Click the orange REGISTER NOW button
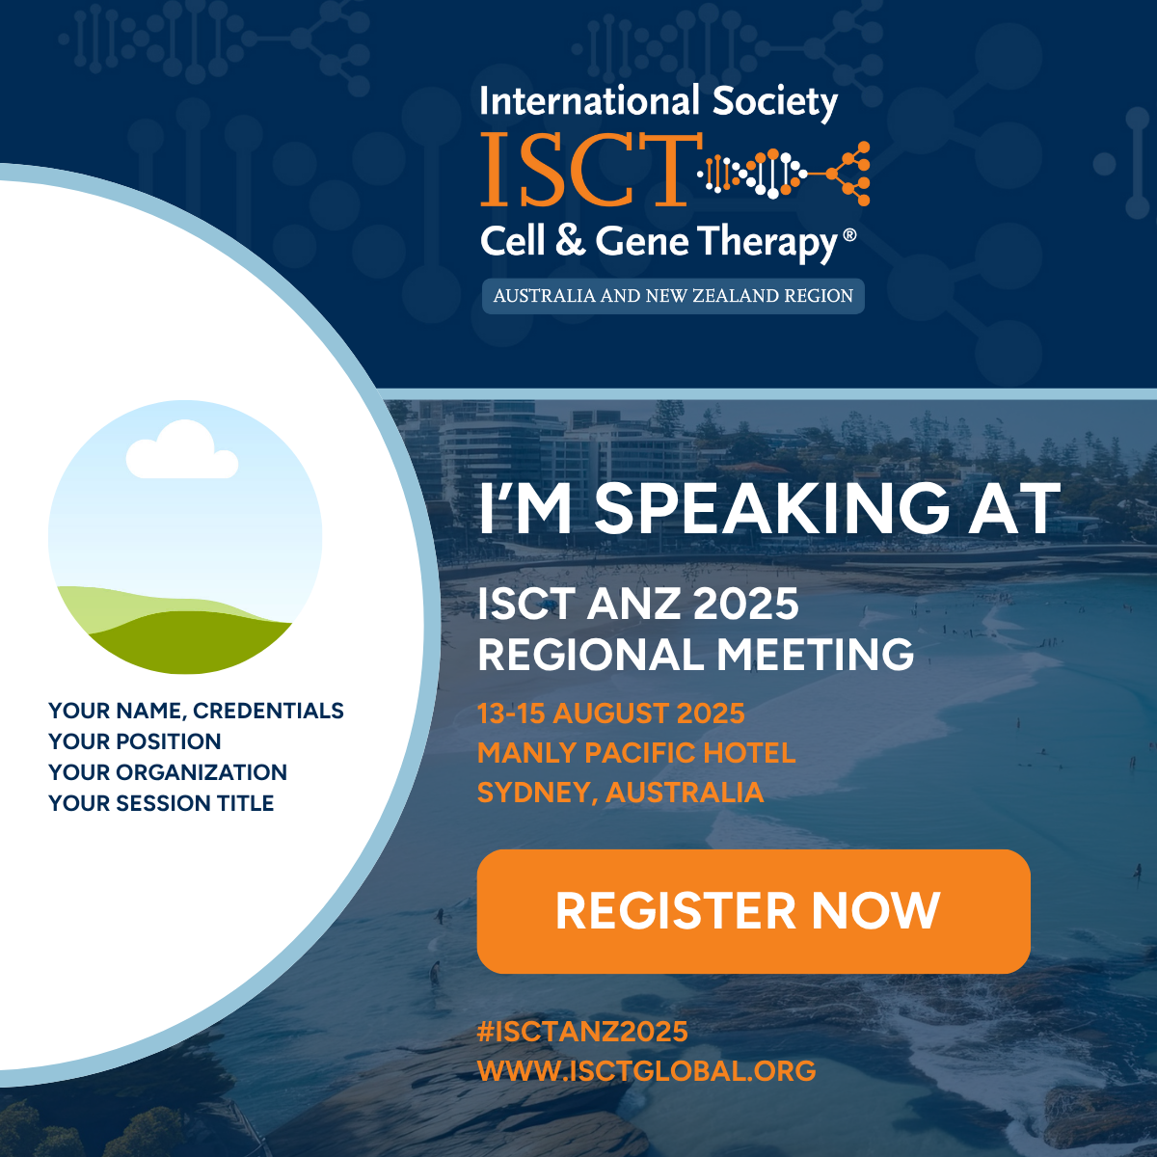754,911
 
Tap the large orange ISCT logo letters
591,170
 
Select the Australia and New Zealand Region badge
673,296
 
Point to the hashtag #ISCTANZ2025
582,1032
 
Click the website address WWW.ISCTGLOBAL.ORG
647,1070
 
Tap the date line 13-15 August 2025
610,713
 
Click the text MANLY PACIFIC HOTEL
636,753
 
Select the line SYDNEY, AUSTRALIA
620,792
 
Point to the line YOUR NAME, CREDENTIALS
196,711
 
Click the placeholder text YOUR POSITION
134,741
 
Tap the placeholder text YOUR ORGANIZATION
168,772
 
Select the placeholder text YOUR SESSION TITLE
161,803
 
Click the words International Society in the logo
659,102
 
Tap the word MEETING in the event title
816,654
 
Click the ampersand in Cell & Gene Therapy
570,240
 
